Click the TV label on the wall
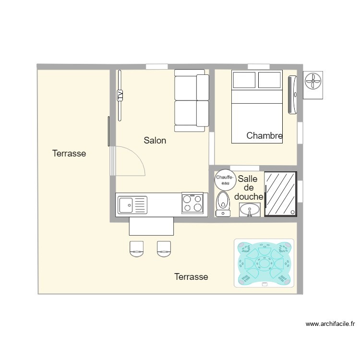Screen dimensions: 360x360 point(120,95)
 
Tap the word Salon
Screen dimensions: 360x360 point(155,141)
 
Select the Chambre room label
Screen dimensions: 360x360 point(264,136)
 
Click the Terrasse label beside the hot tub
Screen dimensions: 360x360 point(191,277)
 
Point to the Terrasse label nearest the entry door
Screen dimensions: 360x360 point(69,154)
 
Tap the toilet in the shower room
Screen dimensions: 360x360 point(223,204)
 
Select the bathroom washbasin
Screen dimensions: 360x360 point(249,209)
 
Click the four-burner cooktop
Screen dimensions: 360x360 point(192,203)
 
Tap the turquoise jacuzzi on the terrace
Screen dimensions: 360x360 point(264,264)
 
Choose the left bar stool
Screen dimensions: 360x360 point(137,248)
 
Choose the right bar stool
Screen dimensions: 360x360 point(164,248)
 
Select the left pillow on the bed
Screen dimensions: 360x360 point(243,80)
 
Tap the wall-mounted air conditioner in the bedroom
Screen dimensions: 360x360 point(292,95)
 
